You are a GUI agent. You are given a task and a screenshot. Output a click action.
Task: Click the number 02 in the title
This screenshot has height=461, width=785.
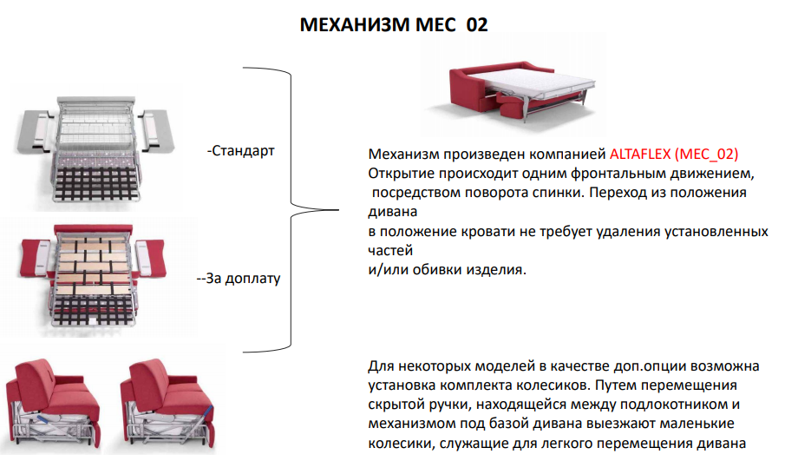click(476, 24)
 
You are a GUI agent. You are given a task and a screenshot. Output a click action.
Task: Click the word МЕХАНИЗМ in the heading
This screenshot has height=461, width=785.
click(355, 24)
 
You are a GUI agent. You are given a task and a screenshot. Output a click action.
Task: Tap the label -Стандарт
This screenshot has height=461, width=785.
click(241, 150)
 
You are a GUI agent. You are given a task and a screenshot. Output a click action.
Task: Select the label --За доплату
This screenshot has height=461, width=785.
click(239, 278)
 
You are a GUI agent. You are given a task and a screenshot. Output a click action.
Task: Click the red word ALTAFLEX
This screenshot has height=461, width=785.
click(640, 154)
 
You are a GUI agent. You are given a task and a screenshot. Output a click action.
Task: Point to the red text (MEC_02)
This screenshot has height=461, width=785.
click(706, 154)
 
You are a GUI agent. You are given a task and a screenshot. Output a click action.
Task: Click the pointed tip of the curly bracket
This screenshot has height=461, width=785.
click(338, 210)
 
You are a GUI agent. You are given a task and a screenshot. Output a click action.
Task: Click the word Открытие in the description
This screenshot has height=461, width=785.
click(402, 174)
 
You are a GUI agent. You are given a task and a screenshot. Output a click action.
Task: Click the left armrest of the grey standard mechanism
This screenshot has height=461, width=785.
click(35, 131)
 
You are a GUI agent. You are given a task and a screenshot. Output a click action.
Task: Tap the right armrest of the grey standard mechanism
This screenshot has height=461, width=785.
click(157, 130)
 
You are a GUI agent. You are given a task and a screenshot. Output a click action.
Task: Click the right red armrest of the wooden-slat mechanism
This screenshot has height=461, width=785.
click(149, 257)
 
